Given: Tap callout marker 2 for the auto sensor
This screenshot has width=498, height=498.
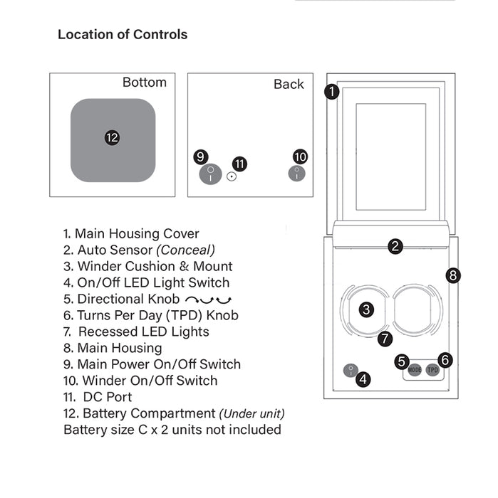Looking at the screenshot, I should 395,247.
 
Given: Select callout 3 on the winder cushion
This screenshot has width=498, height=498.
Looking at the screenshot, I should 365,309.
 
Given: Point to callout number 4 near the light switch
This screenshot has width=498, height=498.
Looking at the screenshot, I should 363,379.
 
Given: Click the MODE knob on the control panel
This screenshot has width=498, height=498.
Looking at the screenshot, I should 415,371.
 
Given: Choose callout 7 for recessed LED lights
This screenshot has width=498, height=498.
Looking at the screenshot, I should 385,339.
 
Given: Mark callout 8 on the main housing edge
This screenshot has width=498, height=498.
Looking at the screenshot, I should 454,275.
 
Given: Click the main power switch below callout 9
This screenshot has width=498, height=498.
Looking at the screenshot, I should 209,174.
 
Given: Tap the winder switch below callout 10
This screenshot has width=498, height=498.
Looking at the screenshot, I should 297,173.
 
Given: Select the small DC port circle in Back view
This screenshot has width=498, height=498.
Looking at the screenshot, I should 232,176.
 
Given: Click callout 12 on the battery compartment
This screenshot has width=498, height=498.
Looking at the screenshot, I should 112,138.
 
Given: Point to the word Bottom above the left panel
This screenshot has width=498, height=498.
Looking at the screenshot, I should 145,83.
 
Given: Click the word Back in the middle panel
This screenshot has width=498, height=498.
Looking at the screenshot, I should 289,84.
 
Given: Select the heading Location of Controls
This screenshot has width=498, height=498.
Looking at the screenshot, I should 123,34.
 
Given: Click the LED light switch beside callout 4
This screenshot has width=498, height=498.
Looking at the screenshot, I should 350,371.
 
